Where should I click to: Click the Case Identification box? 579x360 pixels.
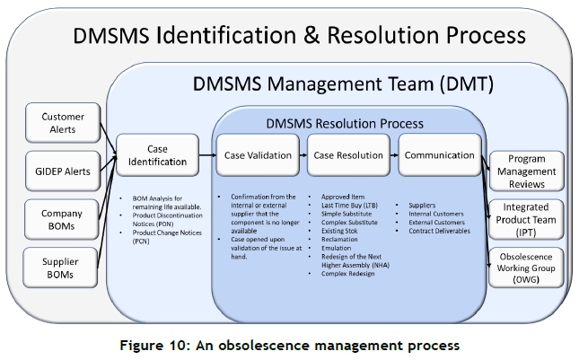point(155,154)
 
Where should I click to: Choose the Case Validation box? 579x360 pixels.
point(258,154)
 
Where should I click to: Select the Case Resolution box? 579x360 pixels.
point(348,154)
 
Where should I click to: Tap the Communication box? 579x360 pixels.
point(439,154)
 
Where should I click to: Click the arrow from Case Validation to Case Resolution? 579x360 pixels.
point(303,154)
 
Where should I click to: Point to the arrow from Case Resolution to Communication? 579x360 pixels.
point(393,154)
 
